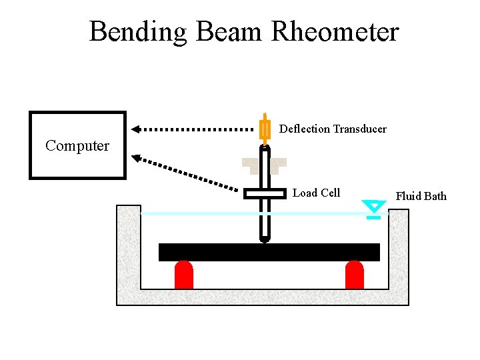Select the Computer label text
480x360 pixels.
point(77,146)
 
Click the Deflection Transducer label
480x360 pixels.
point(333,129)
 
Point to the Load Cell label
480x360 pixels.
point(316,193)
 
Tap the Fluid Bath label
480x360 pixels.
point(421,196)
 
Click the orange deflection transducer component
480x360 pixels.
point(265,129)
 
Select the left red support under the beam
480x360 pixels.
point(183,275)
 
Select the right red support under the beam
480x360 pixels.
point(355,275)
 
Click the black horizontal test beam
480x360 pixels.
point(269,252)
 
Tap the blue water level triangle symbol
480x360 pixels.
point(374,207)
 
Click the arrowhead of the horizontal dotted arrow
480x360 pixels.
point(135,129)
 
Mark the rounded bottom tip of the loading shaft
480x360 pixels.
point(265,238)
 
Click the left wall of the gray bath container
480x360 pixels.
point(128,253)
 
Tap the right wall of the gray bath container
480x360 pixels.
point(399,253)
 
